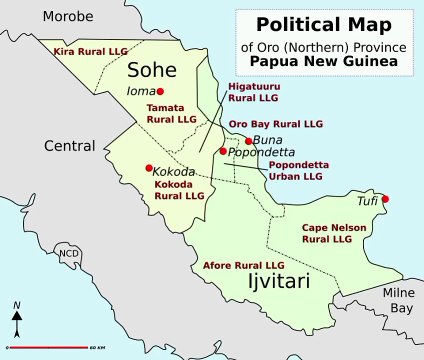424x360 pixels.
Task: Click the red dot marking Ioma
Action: [x=159, y=92]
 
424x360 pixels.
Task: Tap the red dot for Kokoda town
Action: [x=149, y=168]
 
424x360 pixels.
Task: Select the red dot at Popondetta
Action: [x=223, y=151]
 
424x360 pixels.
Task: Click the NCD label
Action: [x=69, y=253]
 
